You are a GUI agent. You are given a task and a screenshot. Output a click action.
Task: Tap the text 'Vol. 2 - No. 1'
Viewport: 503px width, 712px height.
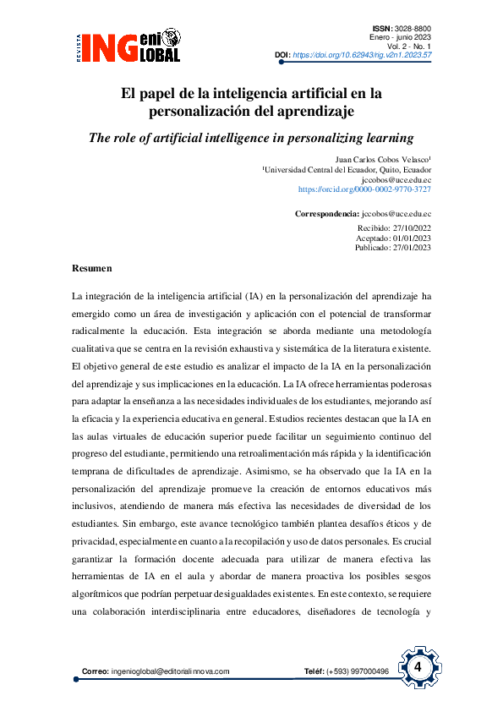point(407,47)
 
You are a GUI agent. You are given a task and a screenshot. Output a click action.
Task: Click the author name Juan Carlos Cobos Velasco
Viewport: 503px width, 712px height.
point(383,159)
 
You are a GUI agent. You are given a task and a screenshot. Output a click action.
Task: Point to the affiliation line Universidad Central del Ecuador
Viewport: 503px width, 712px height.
point(347,169)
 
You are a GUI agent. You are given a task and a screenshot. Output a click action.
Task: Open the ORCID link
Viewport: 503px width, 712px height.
point(364,190)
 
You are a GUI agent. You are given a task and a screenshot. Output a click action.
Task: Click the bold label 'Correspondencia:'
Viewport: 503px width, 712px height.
point(326,215)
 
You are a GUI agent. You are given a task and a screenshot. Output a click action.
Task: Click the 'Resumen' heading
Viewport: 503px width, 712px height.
point(92,269)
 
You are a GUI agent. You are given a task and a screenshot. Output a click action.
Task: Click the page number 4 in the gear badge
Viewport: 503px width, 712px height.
point(418,667)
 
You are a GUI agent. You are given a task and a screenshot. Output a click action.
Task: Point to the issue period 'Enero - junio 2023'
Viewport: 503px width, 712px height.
point(401,38)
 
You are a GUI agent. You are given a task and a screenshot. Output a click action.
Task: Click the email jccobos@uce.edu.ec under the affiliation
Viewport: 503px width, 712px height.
point(396,180)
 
